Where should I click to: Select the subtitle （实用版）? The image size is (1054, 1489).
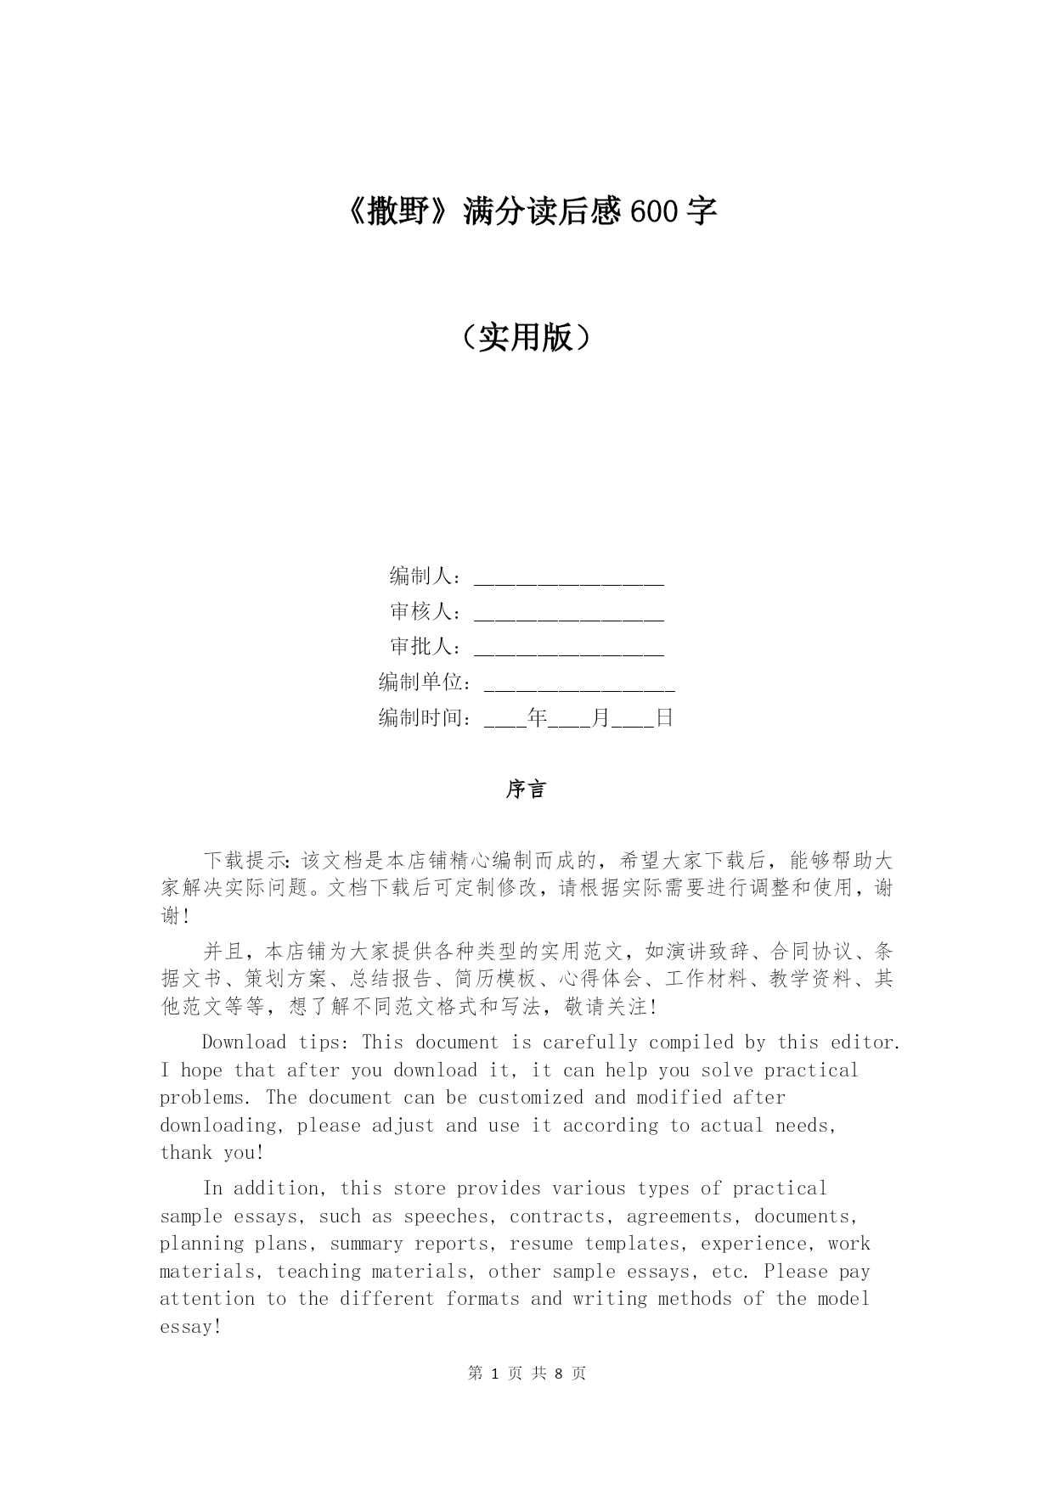(x=526, y=338)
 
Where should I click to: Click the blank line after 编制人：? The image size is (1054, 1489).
(x=568, y=577)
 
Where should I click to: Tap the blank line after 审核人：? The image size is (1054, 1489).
(x=568, y=613)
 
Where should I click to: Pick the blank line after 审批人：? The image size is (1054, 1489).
(x=568, y=648)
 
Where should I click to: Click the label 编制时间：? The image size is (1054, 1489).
(x=426, y=718)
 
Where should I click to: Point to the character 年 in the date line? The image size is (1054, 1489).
(x=538, y=718)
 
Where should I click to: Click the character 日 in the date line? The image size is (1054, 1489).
(x=664, y=718)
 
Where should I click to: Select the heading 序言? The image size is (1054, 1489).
(x=526, y=789)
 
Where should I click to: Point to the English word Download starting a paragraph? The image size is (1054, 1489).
(x=244, y=1042)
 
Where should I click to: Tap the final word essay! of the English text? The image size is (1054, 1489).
(x=191, y=1327)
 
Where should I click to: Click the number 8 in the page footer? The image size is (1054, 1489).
(x=559, y=1374)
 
